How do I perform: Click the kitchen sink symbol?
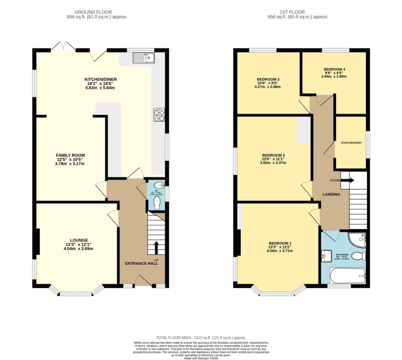143,58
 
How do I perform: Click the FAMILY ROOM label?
70,155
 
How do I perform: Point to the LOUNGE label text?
79,240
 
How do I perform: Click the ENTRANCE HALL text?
141,264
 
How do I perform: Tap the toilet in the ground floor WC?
157,203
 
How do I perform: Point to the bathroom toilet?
358,256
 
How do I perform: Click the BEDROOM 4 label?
334,69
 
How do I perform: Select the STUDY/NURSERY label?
350,143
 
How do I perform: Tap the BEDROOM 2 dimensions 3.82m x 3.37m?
272,162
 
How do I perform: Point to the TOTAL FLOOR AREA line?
201,337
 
